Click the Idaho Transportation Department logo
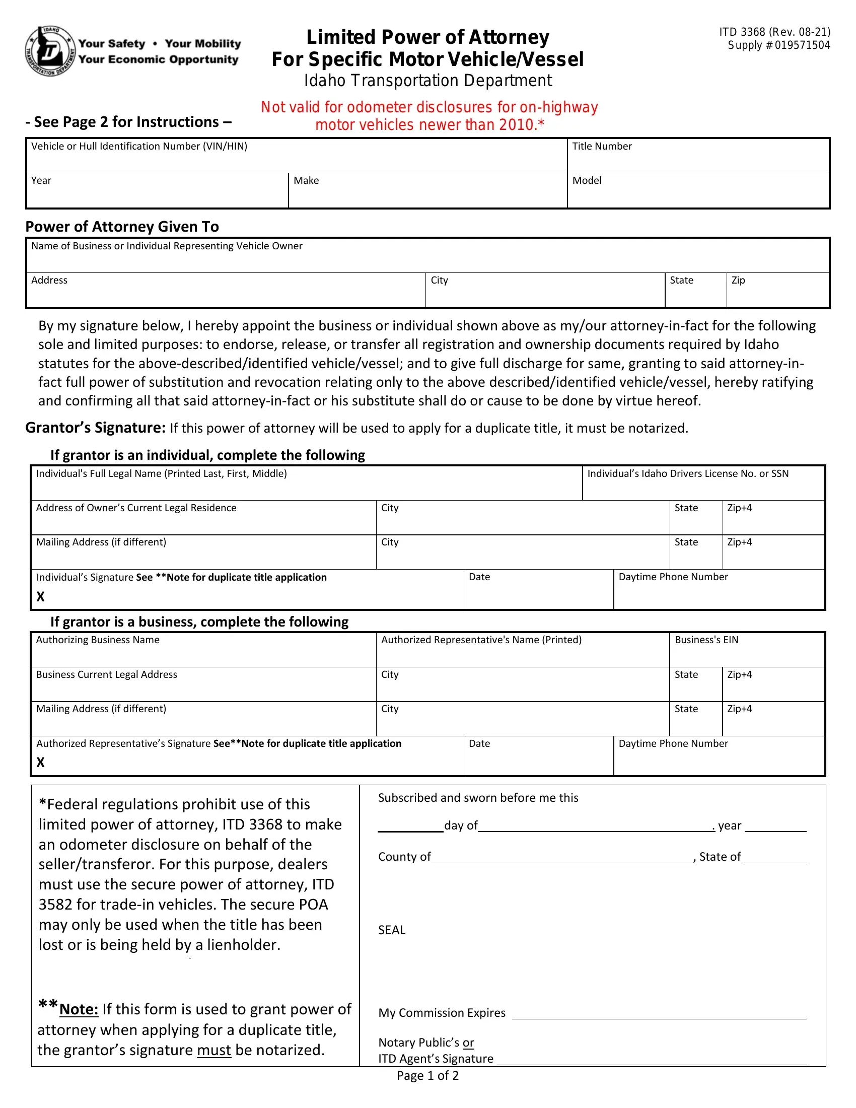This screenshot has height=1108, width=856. click(50, 51)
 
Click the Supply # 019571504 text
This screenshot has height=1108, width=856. click(778, 45)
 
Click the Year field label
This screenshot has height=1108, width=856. click(42, 181)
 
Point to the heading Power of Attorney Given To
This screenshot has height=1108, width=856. click(122, 226)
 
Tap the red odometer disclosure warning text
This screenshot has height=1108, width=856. click(429, 116)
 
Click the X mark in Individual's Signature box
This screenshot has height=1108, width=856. click(41, 597)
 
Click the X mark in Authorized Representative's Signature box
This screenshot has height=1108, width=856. click(41, 762)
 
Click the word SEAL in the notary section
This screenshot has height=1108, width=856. click(391, 930)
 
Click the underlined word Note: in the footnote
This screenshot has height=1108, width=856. click(79, 1009)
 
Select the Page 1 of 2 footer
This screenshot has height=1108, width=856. click(427, 1076)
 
